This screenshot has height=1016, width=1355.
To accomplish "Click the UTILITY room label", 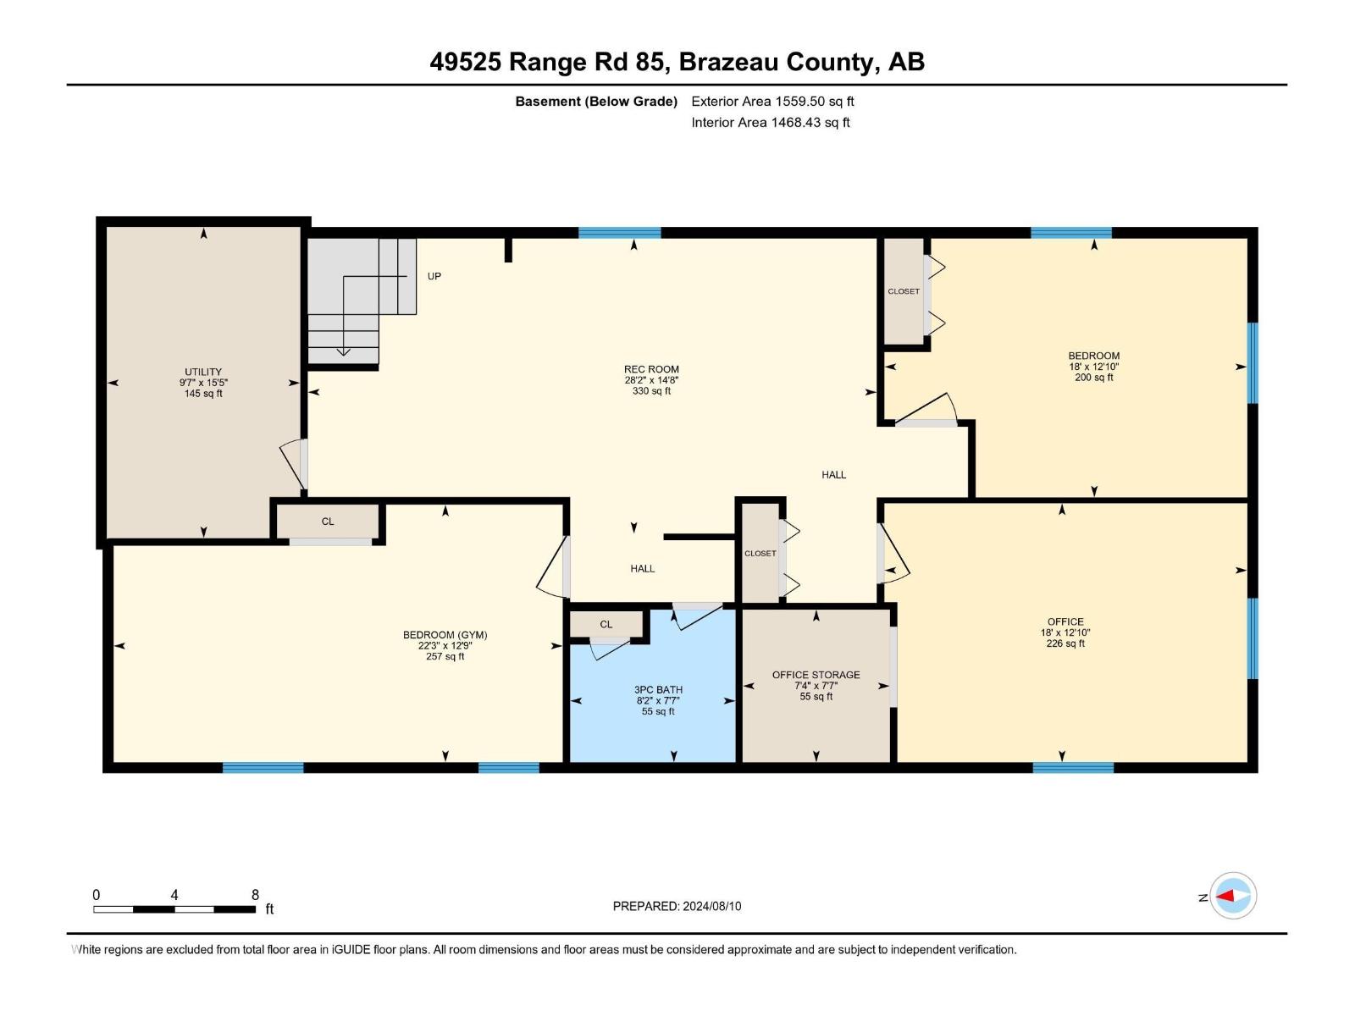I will [203, 372].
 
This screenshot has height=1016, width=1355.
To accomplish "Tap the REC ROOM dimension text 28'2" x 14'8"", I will [651, 380].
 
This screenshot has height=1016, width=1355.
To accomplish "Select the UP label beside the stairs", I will [434, 276].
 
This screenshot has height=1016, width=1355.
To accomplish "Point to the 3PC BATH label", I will [658, 689].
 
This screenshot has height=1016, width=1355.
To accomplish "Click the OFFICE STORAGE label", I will [816, 675].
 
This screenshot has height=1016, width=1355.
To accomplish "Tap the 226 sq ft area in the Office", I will [1065, 643].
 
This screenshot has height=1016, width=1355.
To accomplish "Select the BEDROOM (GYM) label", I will [445, 635].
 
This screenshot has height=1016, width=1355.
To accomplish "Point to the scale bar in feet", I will [174, 909].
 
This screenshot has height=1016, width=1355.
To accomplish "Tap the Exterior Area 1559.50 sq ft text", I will [772, 101].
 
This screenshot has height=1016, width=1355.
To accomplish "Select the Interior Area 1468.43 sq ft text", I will [770, 123].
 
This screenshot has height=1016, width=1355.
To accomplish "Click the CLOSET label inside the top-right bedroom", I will [903, 291].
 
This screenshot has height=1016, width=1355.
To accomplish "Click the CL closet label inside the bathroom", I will [606, 624].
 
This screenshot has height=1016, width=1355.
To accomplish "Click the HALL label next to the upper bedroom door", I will [833, 475].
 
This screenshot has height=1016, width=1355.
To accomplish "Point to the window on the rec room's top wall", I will [619, 233].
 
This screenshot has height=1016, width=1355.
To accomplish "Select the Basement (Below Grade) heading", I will [596, 102].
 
